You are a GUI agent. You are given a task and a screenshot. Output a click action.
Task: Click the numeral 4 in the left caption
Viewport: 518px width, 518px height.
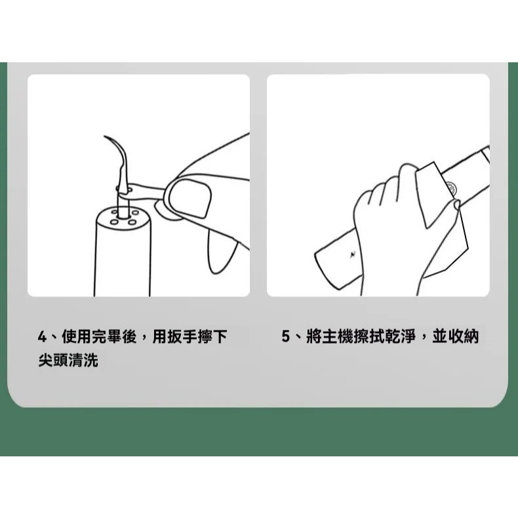[x=42, y=337]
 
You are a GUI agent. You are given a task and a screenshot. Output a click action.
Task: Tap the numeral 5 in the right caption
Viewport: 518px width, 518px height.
[x=286, y=337]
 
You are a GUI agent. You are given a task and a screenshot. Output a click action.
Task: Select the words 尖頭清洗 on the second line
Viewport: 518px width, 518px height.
[x=68, y=360]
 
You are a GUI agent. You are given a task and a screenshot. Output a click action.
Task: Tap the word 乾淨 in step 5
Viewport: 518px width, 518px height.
[x=401, y=337]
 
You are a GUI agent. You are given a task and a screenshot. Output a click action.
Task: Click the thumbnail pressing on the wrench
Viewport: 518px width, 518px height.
[x=190, y=198]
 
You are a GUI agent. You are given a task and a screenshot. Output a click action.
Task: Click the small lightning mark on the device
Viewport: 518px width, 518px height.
[x=353, y=254]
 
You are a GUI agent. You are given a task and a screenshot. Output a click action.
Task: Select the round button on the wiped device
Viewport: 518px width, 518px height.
[x=451, y=188]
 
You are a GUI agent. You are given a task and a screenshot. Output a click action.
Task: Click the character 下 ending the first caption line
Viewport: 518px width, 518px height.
[x=220, y=337]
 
